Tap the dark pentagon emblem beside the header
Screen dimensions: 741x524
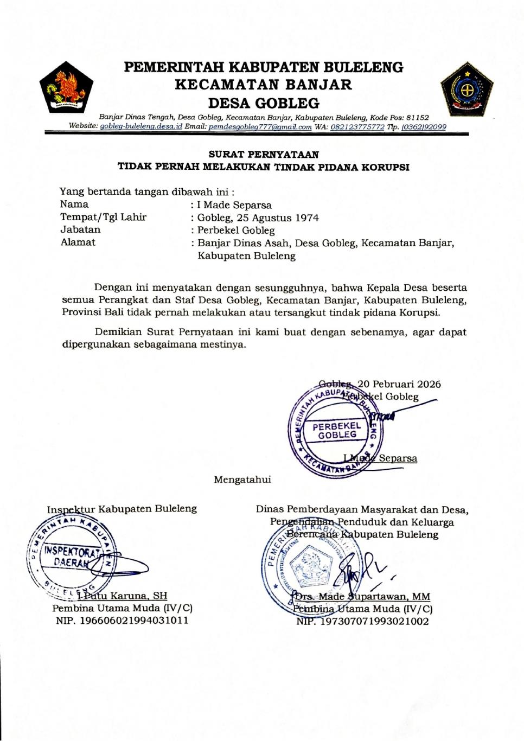[x=466, y=90]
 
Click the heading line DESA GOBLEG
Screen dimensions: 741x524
[x=264, y=103]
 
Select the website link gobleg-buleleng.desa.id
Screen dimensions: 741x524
[x=141, y=127]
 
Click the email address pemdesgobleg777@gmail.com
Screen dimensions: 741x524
[x=260, y=127]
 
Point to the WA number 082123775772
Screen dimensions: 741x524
[x=357, y=127]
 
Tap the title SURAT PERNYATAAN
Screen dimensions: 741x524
[x=264, y=155]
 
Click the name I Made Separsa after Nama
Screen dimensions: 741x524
[x=234, y=205]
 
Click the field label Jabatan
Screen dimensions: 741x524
[x=80, y=230]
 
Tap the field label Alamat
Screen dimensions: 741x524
[x=78, y=242]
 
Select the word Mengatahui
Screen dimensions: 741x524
[x=242, y=480]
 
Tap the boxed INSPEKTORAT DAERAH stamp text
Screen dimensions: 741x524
[x=72, y=557]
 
